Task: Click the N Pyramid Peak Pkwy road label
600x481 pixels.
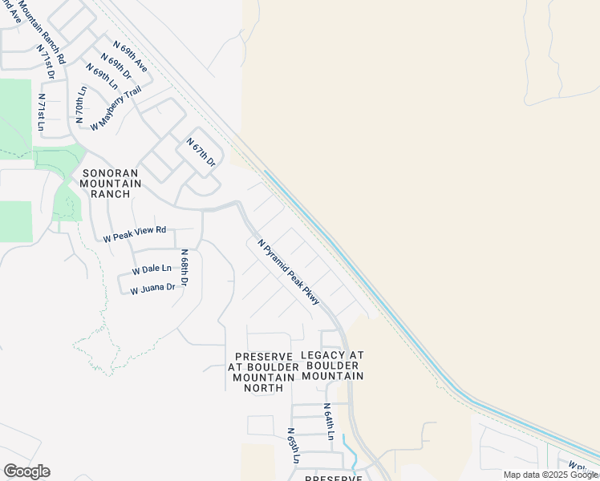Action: click(289, 271)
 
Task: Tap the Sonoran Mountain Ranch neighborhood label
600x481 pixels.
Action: click(111, 183)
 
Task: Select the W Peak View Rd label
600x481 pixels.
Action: click(135, 234)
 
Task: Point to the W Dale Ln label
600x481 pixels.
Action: click(152, 269)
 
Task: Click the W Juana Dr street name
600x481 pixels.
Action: click(152, 288)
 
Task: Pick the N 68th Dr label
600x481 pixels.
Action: click(184, 268)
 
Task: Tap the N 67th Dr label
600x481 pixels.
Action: click(201, 152)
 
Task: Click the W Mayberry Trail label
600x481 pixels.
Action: click(116, 108)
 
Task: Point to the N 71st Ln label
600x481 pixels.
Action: click(42, 111)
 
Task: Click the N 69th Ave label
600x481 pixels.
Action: click(130, 57)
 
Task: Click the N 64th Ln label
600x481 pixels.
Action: click(329, 422)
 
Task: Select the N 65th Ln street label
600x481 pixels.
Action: click(293, 446)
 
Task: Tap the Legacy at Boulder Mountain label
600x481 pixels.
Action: click(332, 365)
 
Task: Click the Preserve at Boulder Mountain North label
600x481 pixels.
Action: click(257, 372)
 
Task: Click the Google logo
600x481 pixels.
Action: click(26, 471)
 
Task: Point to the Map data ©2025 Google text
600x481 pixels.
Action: click(550, 475)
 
